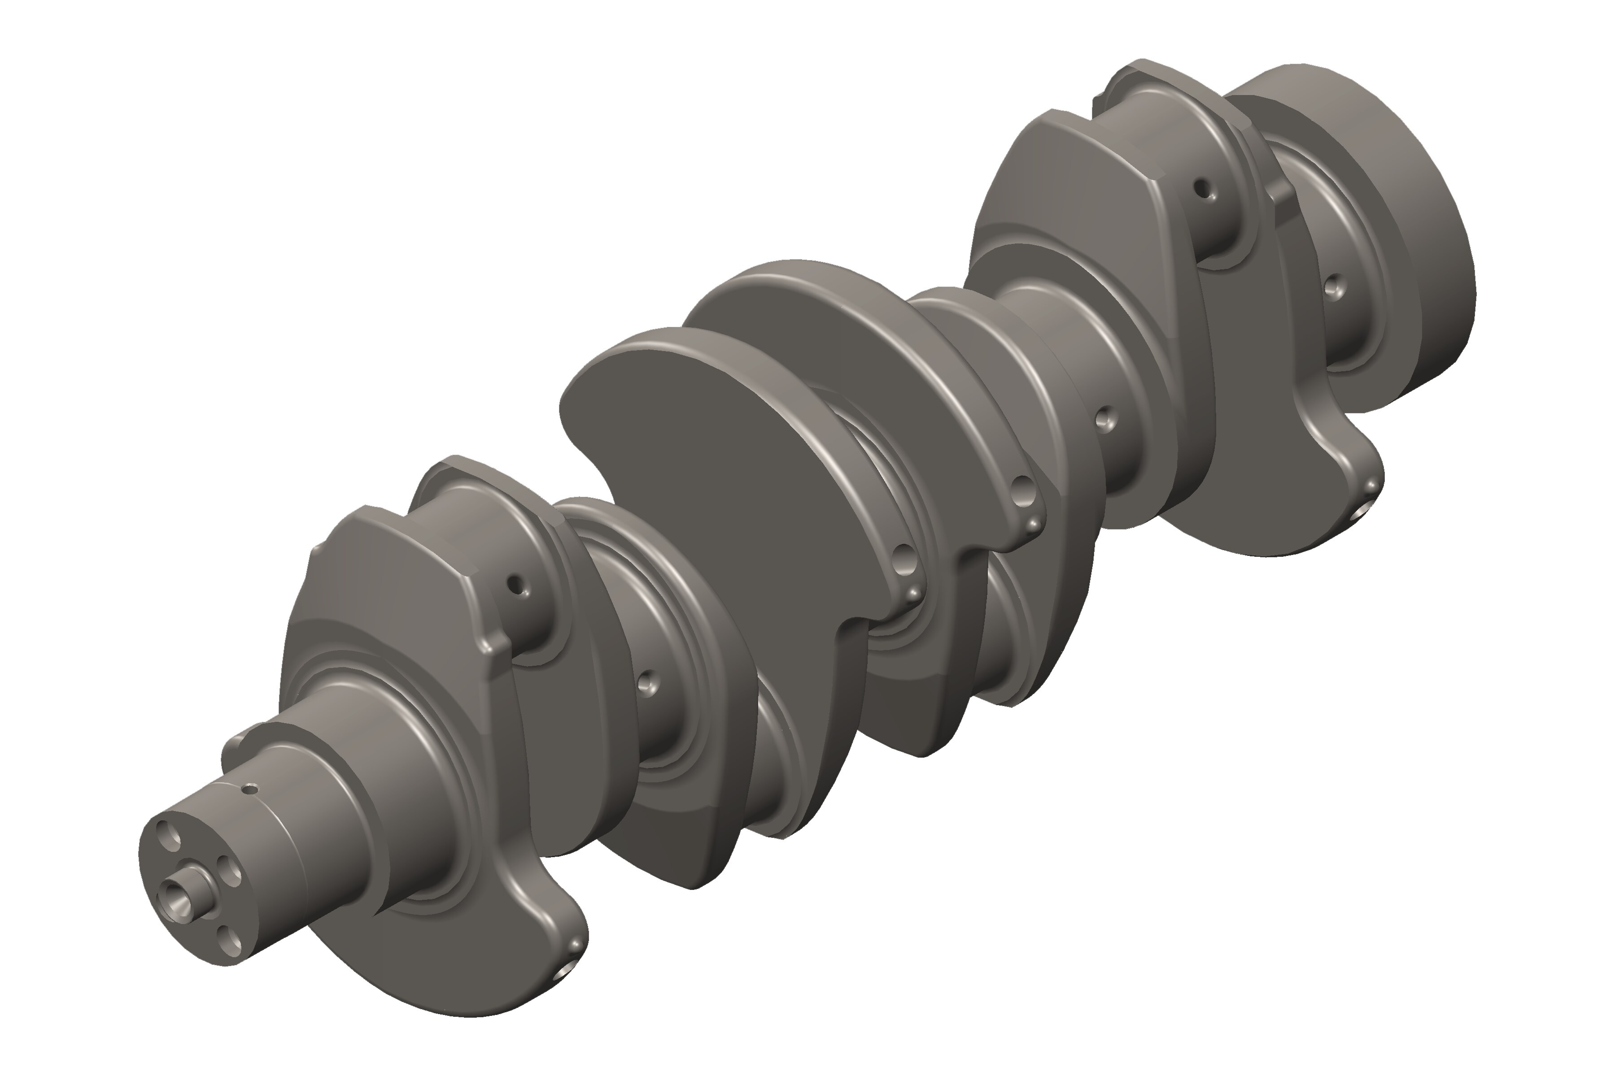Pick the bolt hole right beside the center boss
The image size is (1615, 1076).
[232, 870]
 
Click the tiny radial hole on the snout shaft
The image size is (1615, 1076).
[252, 789]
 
